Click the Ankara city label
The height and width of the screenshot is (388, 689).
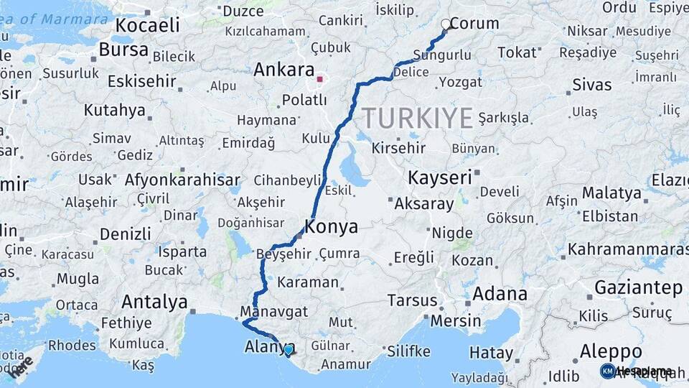[x=283, y=70]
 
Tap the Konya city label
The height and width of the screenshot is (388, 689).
[x=331, y=228]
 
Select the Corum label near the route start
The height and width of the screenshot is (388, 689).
[x=474, y=23]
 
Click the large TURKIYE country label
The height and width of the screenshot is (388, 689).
[x=417, y=118]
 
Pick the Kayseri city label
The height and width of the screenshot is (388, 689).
[x=440, y=177]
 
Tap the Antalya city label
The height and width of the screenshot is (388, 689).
[x=154, y=301]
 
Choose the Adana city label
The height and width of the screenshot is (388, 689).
[x=500, y=294]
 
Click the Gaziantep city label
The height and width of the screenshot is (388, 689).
[x=638, y=287]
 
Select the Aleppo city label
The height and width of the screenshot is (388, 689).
[x=611, y=352]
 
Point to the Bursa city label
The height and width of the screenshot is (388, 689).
[x=123, y=50]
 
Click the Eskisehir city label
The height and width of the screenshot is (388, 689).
[x=142, y=80]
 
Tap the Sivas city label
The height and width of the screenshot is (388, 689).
[x=592, y=85]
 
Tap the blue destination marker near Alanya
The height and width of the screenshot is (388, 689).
[x=289, y=350]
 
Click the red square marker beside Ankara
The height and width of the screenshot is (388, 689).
[x=320, y=80]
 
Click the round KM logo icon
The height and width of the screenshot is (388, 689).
[x=607, y=371]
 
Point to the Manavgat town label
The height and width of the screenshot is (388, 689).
[x=274, y=312]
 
